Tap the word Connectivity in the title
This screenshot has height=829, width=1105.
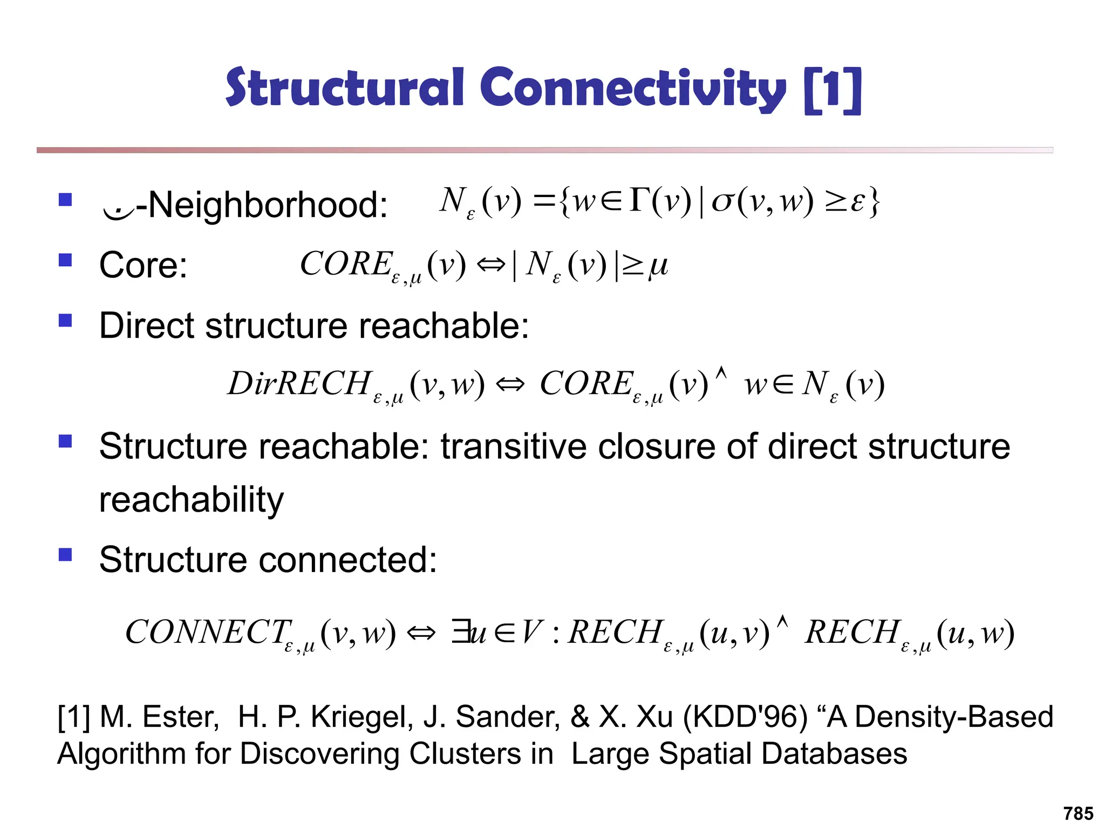[x=632, y=89]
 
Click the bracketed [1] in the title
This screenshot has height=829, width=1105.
[x=832, y=90]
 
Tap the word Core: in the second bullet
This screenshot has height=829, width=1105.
[x=143, y=266]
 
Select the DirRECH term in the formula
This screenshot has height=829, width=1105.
[x=300, y=384]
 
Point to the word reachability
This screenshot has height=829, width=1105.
[x=192, y=500]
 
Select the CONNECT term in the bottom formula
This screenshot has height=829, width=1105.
[x=208, y=632]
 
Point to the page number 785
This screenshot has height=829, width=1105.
[x=1078, y=813]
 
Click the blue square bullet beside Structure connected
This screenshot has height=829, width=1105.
[x=65, y=555]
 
